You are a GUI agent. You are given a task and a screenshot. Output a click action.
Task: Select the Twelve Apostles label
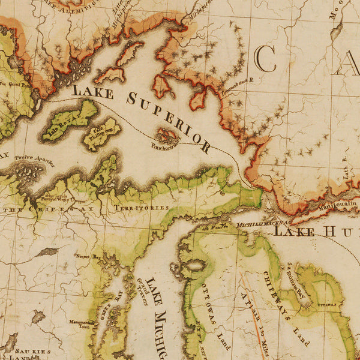35,160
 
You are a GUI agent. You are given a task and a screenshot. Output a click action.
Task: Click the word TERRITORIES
141,207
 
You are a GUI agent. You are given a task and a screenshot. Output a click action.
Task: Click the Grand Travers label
142,290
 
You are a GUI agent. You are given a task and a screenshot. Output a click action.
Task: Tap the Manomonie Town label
79,325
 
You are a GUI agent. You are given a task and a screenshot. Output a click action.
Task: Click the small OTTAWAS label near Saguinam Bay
327,305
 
